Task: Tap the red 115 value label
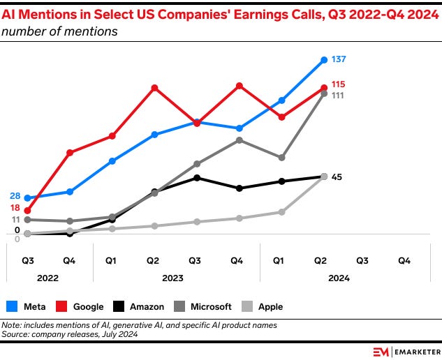(339, 84)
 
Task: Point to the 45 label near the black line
(336, 177)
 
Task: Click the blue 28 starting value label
(15, 196)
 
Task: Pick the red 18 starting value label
(15, 208)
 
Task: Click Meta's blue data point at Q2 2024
(323, 60)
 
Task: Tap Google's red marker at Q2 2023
(154, 87)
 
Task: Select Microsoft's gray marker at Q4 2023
(239, 140)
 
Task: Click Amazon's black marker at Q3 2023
(197, 177)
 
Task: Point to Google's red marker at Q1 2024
(281, 117)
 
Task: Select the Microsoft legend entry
(203, 306)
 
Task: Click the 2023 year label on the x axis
(172, 278)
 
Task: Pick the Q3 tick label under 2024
(362, 260)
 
